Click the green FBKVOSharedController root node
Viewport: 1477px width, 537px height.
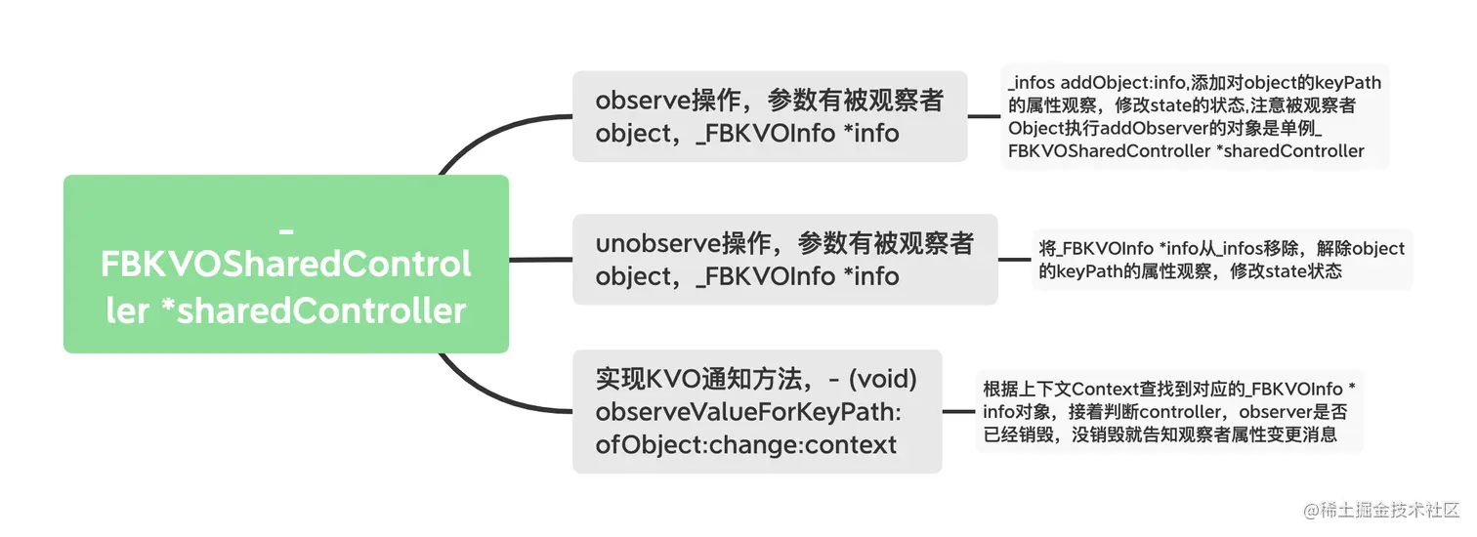pyautogui.click(x=286, y=264)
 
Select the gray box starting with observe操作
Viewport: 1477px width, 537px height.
pyautogui.click(x=770, y=116)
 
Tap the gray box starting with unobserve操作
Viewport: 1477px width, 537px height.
pyautogui.click(x=785, y=260)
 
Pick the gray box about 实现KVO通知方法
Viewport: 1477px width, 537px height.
pyautogui.click(x=757, y=411)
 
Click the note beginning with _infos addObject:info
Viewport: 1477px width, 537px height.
pyautogui.click(x=1194, y=116)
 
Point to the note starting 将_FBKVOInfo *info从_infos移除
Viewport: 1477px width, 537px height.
pyautogui.click(x=1222, y=260)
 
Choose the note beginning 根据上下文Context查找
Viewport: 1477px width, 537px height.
pyautogui.click(x=1169, y=411)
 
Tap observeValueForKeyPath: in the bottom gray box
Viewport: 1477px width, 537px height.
pyautogui.click(x=748, y=412)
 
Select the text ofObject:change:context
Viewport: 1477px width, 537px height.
pyautogui.click(x=745, y=445)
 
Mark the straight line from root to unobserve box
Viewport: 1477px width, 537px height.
pyautogui.click(x=540, y=260)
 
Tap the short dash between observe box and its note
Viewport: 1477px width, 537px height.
pyautogui.click(x=984, y=116)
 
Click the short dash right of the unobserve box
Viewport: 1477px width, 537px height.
pyautogui.click(x=1014, y=260)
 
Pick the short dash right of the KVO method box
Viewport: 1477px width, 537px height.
pyautogui.click(x=958, y=411)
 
